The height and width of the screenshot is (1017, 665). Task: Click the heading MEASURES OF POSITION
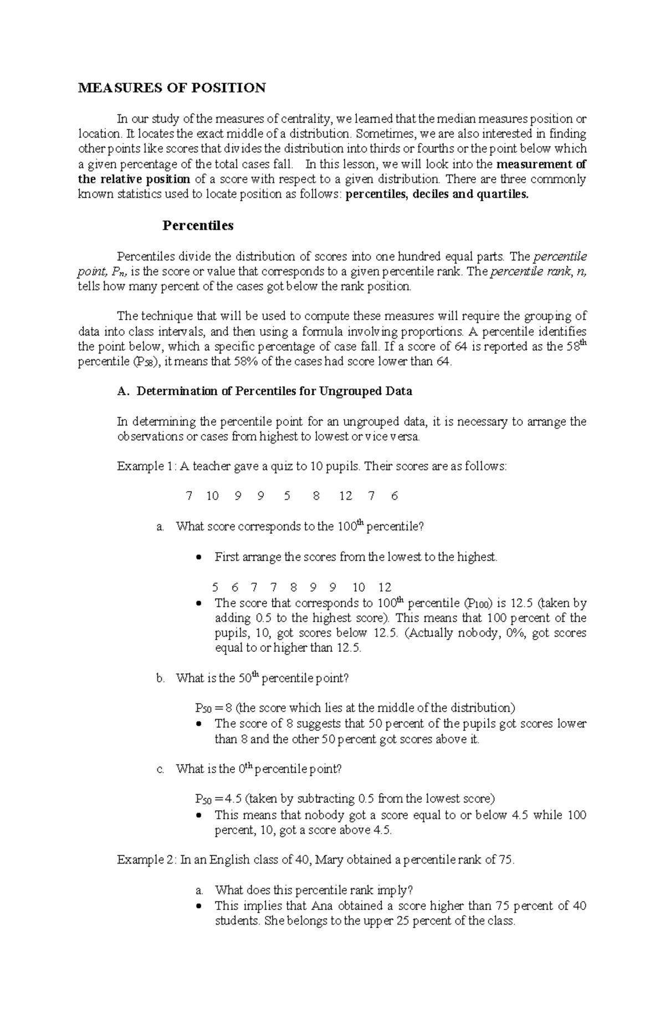pos(172,88)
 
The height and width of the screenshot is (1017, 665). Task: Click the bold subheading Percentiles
pos(198,226)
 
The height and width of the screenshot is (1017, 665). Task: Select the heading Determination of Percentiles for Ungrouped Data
pos(274,391)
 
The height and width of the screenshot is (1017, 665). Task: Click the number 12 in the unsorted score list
pos(345,496)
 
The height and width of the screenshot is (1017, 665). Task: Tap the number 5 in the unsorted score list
pos(287,496)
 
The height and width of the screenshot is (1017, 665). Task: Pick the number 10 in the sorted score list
pos(359,587)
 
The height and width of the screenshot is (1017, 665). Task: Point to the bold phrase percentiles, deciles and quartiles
pos(437,195)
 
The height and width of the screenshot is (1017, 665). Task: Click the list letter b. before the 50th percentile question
pos(161,678)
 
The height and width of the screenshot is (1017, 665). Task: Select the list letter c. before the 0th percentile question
pos(161,769)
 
